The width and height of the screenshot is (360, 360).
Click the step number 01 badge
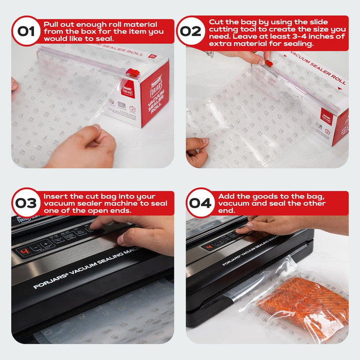(26, 30)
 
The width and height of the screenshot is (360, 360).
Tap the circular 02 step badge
(191, 30)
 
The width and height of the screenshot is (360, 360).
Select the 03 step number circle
(26, 203)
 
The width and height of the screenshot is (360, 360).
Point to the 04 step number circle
(200, 203)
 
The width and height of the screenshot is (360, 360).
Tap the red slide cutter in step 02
(268, 64)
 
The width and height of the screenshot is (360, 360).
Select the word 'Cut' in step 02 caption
(216, 22)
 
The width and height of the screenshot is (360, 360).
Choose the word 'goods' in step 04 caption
(260, 196)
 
